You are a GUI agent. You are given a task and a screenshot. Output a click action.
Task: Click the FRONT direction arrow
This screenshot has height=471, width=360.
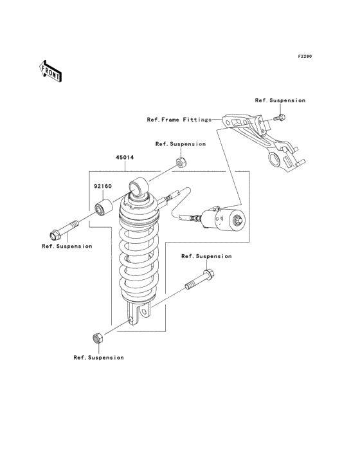(50, 71)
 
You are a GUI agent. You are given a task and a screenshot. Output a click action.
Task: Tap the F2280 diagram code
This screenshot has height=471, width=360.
(305, 56)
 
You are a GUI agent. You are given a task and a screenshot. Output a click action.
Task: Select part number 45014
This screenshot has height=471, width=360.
(125, 158)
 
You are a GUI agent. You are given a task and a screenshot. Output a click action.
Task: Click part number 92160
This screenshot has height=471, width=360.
(103, 186)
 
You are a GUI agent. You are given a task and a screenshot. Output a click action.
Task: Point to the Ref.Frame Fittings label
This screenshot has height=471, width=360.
(179, 120)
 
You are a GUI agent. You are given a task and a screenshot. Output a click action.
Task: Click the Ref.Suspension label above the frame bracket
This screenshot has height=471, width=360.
(280, 100)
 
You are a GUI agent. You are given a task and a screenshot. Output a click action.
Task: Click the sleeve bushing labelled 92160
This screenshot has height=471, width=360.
(104, 207)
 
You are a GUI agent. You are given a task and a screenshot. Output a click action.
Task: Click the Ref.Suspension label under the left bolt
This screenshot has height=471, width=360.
(67, 246)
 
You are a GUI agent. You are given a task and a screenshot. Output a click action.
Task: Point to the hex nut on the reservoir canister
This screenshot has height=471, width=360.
(238, 219)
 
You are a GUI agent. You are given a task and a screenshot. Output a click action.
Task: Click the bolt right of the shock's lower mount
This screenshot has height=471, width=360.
(200, 279)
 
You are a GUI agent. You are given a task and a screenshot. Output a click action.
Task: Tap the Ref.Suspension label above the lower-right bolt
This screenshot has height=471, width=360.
(206, 256)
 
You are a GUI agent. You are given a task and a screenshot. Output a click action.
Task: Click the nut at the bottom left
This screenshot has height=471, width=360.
(98, 338)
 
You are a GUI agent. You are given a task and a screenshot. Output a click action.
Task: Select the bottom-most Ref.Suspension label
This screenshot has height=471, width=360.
(99, 358)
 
